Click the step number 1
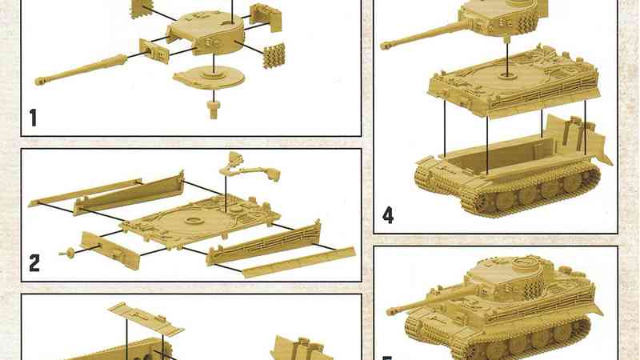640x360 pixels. [34, 118]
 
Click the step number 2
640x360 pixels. [34, 263]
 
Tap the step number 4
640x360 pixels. [388, 215]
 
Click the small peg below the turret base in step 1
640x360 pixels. [213, 109]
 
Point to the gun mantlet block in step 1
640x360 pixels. [154, 51]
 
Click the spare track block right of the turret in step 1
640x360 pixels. [274, 56]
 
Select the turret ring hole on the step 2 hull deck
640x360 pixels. [194, 221]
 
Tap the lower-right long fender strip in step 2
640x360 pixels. [299, 262]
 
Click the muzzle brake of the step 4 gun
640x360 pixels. [386, 45]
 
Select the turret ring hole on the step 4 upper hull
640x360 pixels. [507, 75]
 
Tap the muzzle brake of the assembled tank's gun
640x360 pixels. [392, 311]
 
